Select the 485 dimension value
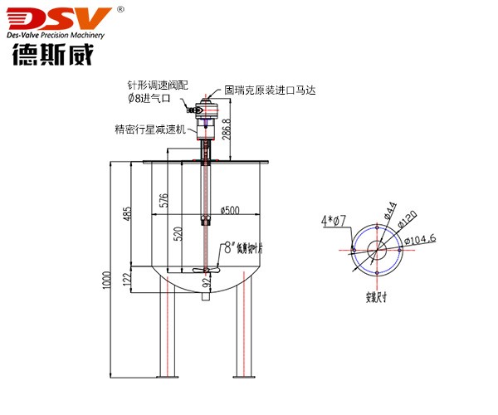[x=127, y=213]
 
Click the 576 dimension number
[x=164, y=199]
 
